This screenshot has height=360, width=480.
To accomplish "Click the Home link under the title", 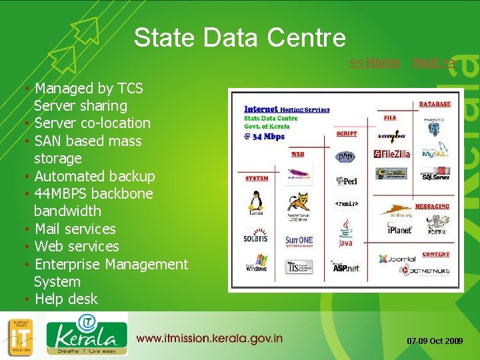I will click(x=374, y=63).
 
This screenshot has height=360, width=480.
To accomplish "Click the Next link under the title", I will click(x=434, y=63).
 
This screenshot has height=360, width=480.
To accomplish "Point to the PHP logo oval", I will click(x=345, y=157).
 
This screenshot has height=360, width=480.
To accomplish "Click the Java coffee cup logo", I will click(x=345, y=234).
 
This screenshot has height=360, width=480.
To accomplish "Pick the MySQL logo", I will click(x=435, y=153).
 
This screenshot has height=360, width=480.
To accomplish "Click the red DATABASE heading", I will click(x=435, y=104).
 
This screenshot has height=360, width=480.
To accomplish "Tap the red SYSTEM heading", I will click(x=257, y=179).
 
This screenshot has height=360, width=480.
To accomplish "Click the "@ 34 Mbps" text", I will click(x=265, y=137).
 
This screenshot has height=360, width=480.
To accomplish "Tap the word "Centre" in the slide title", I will click(x=309, y=37).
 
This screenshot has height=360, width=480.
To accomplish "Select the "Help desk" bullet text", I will click(x=66, y=299).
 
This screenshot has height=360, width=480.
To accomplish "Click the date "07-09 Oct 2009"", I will click(x=435, y=341).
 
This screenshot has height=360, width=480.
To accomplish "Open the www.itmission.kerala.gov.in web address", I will click(x=209, y=338).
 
